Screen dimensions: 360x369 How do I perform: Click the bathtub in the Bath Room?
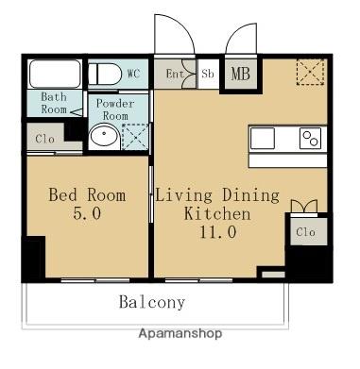coord(55,74)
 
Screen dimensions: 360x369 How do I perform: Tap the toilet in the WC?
coord(105,74)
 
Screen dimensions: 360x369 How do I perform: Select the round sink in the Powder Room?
coord(104,136)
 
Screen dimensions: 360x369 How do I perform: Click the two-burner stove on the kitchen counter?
coord(310,138)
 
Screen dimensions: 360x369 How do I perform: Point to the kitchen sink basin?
coord(263,138)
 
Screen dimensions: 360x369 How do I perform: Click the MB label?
coord(241,74)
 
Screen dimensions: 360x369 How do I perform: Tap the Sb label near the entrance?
coord(208,74)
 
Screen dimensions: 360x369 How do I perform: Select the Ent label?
coord(175,75)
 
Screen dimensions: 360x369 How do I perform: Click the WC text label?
coord(133,74)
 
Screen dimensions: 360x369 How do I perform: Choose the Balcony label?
coord(152,302)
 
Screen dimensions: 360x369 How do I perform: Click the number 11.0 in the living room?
coord(217,232)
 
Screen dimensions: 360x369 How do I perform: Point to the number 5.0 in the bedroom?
coord(87,213)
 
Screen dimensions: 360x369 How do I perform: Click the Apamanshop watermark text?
coord(180,333)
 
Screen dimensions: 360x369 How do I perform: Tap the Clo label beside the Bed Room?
coord(44,139)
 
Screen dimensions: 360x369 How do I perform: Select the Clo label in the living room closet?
coord(305,232)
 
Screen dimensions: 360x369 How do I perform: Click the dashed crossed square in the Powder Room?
coord(135,137)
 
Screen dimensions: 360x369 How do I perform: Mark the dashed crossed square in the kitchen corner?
coord(311,72)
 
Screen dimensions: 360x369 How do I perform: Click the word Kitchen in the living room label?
coord(217,213)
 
